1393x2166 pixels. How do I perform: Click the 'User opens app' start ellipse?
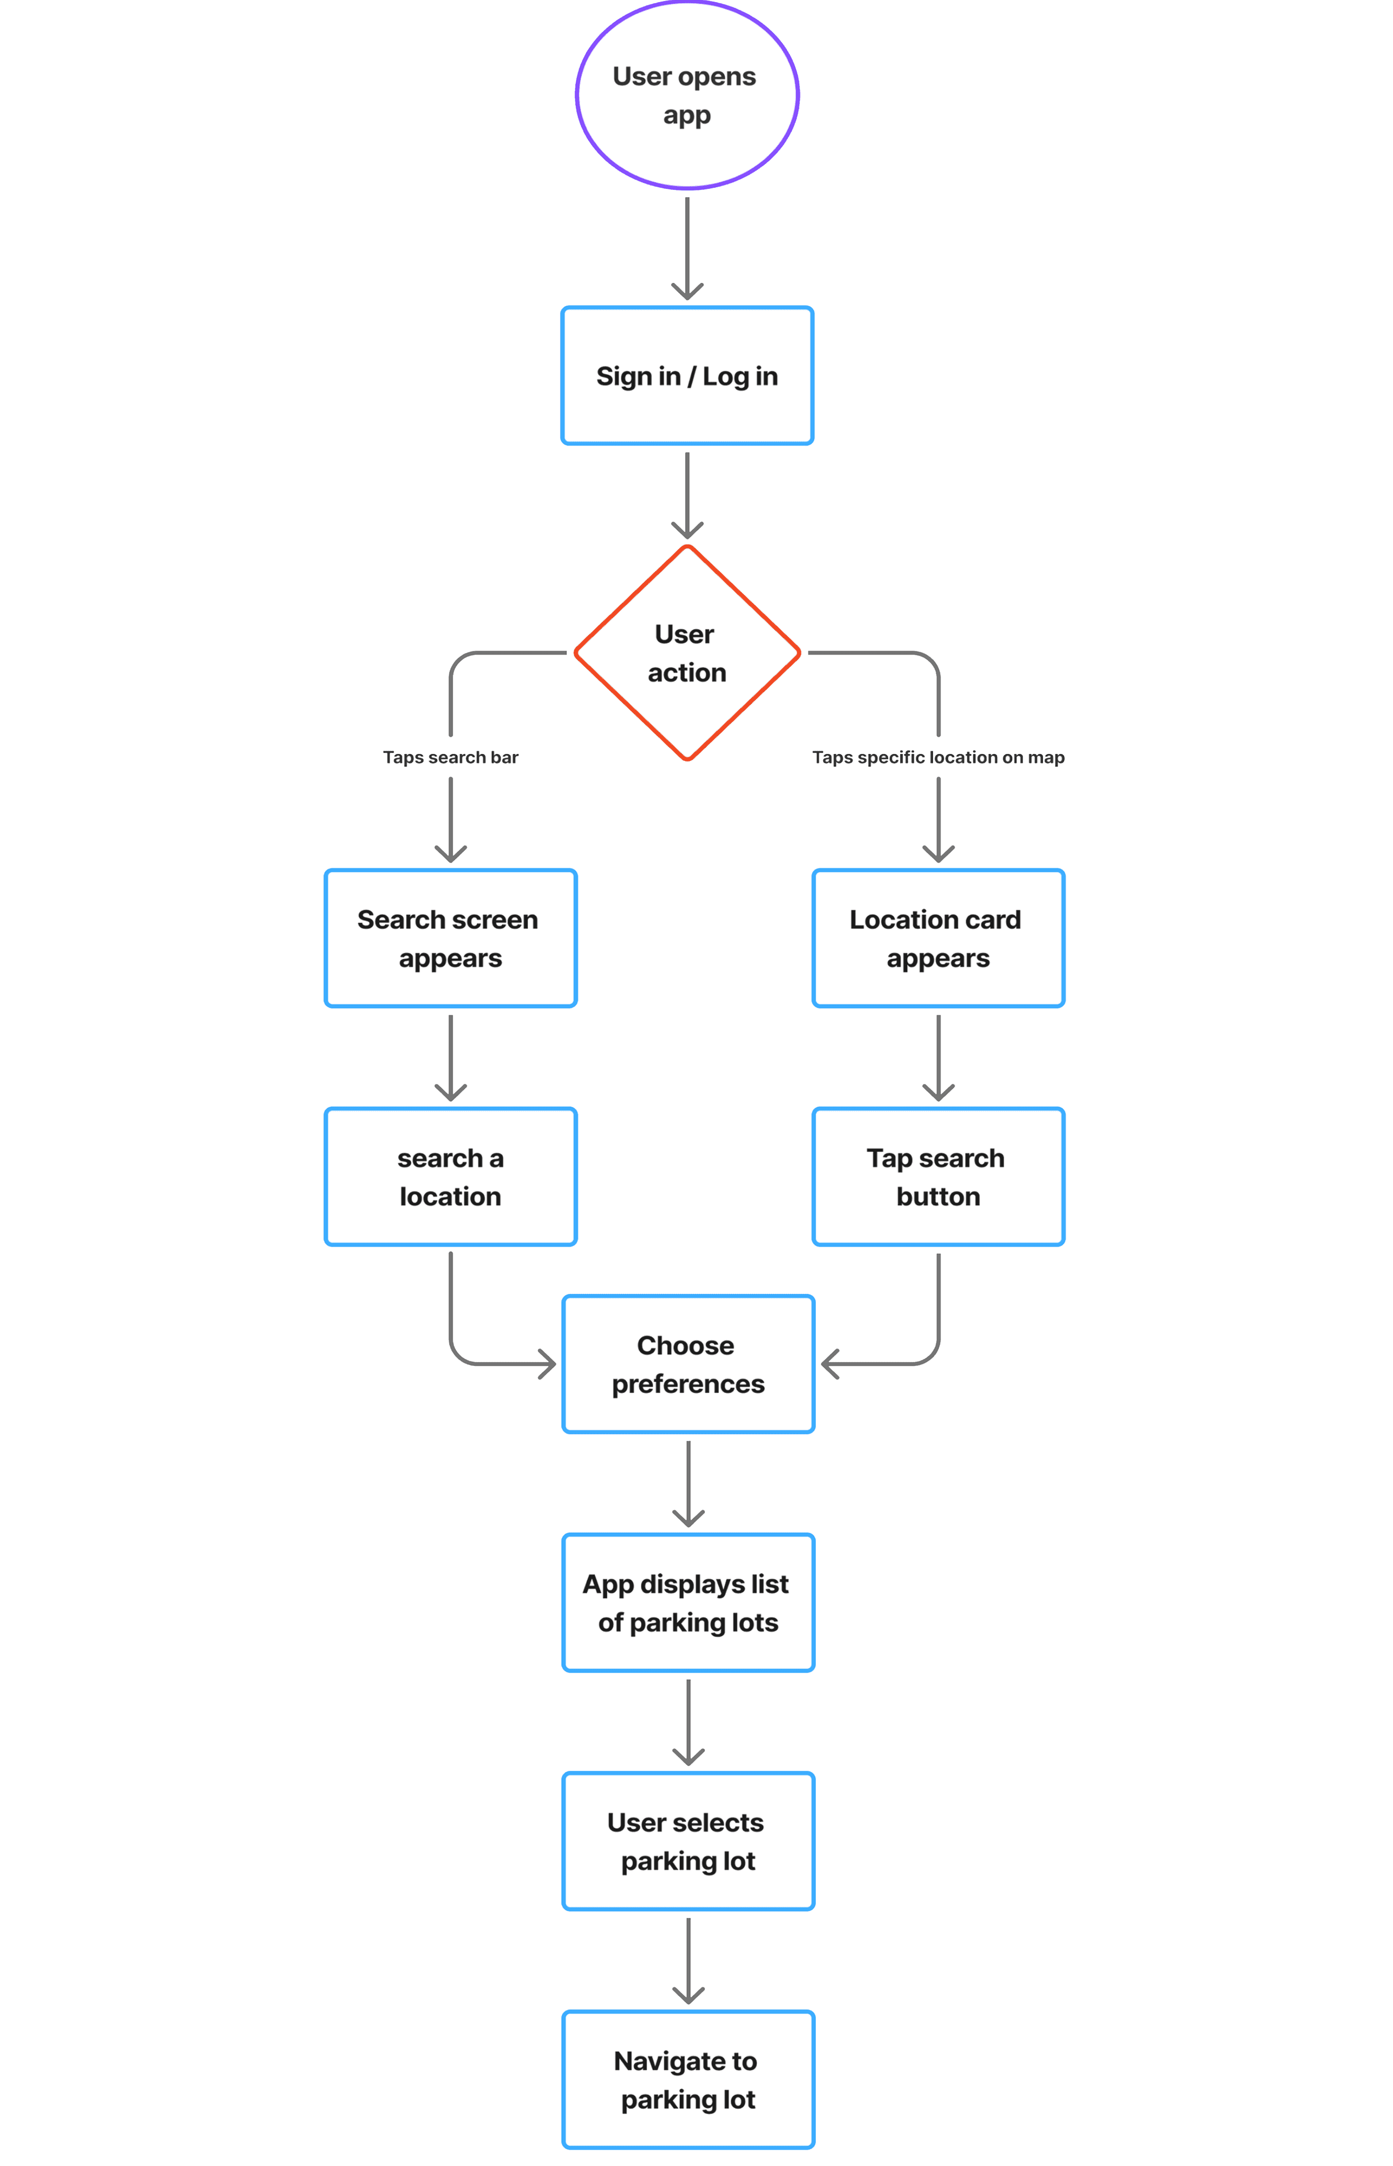click(687, 95)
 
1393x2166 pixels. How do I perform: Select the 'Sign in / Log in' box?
click(687, 375)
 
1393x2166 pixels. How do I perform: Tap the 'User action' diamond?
click(687, 653)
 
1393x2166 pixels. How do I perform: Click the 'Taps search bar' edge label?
click(450, 757)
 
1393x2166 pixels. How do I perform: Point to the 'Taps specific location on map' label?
click(938, 757)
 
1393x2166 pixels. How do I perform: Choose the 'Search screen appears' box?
click(450, 938)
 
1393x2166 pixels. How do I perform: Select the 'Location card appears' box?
click(938, 938)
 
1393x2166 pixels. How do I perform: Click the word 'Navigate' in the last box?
click(653, 2061)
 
